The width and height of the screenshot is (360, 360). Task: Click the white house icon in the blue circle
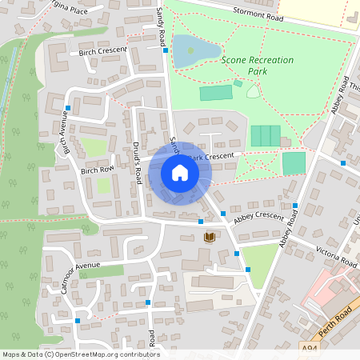point(179,173)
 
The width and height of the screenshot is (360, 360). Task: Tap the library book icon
point(210,237)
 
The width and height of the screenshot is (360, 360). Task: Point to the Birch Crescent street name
point(103,51)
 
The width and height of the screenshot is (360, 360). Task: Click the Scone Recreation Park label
point(258,66)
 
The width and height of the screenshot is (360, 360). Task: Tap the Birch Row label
point(97,170)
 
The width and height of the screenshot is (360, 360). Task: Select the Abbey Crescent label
point(258,217)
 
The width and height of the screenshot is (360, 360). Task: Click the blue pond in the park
point(195,50)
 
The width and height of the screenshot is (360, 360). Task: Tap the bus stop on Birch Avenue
point(68,108)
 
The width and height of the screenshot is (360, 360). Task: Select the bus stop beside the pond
point(166,50)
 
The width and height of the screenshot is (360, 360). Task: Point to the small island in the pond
point(190,50)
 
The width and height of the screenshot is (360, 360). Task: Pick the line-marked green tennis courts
point(266,136)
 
